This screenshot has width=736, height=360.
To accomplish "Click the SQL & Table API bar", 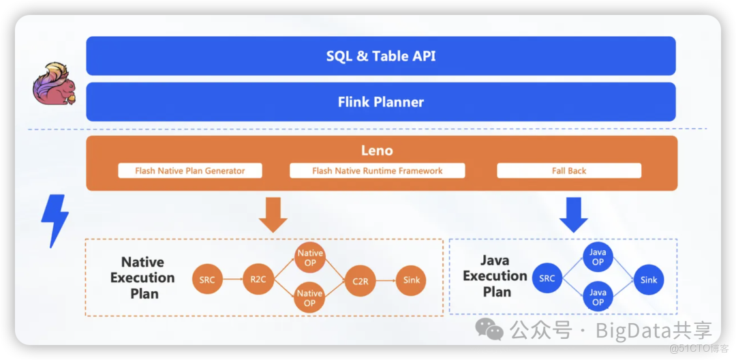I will click(x=380, y=56).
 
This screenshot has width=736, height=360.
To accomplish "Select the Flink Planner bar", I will click(x=380, y=102).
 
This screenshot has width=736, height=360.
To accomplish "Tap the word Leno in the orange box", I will click(x=377, y=150).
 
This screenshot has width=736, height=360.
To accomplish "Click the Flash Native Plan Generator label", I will click(x=189, y=170).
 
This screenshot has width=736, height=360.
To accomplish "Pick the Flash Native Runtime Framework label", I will click(x=377, y=170).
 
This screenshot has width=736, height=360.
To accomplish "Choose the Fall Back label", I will click(x=568, y=170).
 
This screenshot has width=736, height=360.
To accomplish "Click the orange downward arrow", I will click(x=273, y=214).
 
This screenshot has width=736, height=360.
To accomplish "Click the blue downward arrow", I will click(x=574, y=214).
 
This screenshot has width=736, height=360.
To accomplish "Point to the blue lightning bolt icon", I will click(x=54, y=220).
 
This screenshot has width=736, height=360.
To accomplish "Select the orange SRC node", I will click(x=207, y=280).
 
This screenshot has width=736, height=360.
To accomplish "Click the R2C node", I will click(x=258, y=280).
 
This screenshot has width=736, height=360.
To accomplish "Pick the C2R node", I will click(x=360, y=280).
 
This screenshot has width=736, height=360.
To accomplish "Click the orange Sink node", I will click(x=411, y=280).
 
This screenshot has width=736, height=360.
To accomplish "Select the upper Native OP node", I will click(x=309, y=257).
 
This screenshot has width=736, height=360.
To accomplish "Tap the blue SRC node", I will click(x=547, y=279).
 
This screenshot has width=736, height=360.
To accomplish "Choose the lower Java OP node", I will click(x=598, y=298).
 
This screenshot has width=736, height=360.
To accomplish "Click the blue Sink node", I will click(x=649, y=280).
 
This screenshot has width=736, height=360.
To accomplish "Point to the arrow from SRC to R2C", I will click(x=232, y=280).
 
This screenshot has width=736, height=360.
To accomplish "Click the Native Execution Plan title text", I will click(x=143, y=277).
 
